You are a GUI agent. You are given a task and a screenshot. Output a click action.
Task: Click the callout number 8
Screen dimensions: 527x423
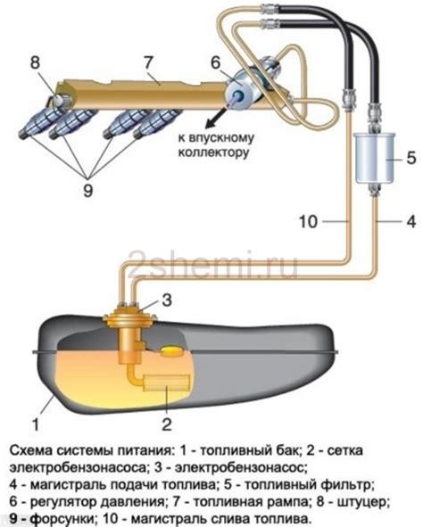(x=36, y=64)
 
